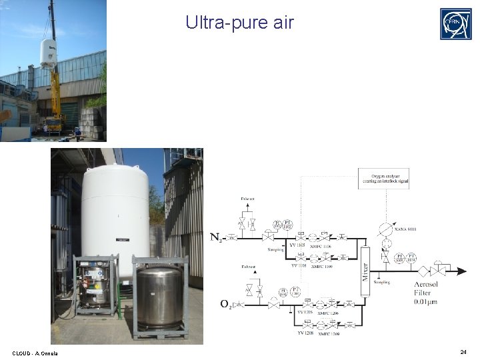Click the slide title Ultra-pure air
click(x=239, y=23)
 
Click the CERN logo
click(x=455, y=24)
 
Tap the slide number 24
click(x=463, y=351)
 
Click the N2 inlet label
click(x=217, y=237)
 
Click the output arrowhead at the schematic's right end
click(x=462, y=271)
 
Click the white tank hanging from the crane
click(x=48, y=53)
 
